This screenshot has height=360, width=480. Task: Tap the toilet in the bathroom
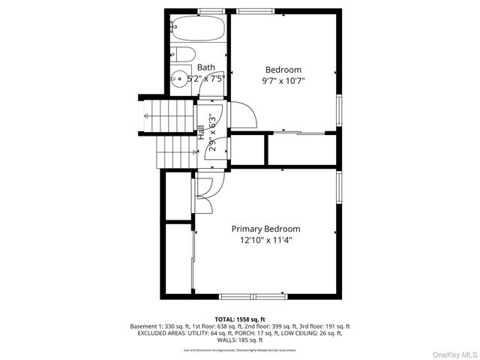coord(182,53)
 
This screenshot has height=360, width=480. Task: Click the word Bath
coord(206,67)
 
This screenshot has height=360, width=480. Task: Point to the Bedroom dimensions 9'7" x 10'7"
coord(283,79)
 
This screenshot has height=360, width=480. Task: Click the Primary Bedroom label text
coord(265,229)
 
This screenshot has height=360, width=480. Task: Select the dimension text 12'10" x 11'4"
coord(265,241)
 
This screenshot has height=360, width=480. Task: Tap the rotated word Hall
coord(201,133)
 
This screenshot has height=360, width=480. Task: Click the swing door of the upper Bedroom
coord(241,115)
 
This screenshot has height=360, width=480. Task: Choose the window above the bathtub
coord(209,10)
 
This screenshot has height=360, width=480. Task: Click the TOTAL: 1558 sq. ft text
coord(240,319)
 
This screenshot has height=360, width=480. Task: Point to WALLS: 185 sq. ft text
coord(240,340)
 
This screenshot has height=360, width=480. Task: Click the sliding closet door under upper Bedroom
coord(300,134)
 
